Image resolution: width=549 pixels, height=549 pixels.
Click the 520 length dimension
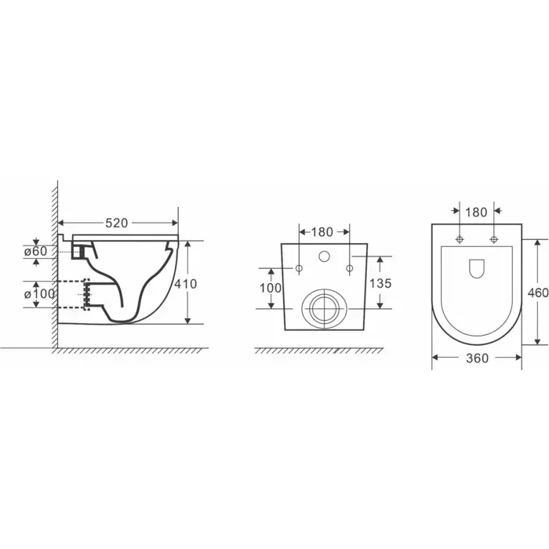pyautogui.click(x=117, y=223)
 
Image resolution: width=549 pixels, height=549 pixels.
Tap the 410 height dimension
pyautogui.click(x=186, y=284)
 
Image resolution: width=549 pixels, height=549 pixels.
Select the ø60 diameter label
pyautogui.click(x=35, y=251)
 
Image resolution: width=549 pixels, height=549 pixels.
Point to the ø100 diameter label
pyautogui.click(x=39, y=294)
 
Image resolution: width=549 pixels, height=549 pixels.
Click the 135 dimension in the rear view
pyautogui.click(x=380, y=283)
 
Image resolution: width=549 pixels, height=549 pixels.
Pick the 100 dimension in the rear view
pyautogui.click(x=271, y=288)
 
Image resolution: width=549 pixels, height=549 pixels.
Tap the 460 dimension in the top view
pyautogui.click(x=538, y=293)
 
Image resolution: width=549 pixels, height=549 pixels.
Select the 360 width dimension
pyautogui.click(x=477, y=358)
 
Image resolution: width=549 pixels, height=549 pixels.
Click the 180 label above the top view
pyautogui.click(x=476, y=213)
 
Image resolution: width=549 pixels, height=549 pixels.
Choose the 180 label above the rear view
pyautogui.click(x=322, y=232)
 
